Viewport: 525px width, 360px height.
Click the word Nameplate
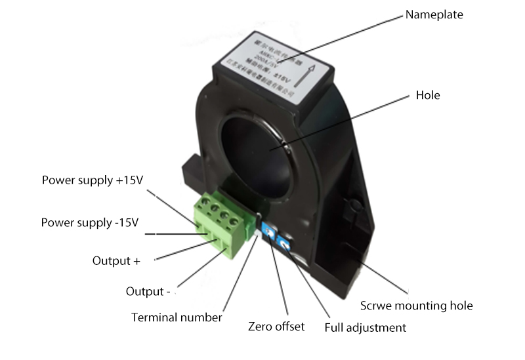point(434,14)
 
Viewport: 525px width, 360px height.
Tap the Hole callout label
point(428,95)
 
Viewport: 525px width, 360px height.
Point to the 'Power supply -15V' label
point(90,222)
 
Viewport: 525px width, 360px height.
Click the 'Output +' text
point(116,260)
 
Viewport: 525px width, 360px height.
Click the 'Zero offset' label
point(276,326)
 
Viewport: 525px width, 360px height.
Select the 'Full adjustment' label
point(366,327)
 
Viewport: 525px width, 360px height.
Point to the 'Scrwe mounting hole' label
point(417,306)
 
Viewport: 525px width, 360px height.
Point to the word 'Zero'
point(261,326)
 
